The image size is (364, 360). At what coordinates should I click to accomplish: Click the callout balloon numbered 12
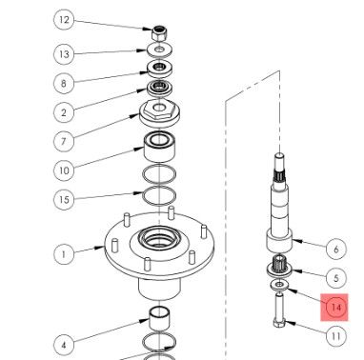[64, 20]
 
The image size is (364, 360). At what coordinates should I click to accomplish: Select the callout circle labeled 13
[64, 54]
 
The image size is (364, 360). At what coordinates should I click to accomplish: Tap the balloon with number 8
[64, 83]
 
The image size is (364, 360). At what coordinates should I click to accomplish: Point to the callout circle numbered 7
[64, 141]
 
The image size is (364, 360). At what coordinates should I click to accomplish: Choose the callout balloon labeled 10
[64, 170]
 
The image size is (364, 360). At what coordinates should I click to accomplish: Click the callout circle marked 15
[64, 200]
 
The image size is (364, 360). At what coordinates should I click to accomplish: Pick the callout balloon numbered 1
[64, 254]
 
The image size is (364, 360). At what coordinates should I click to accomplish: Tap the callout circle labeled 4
[64, 345]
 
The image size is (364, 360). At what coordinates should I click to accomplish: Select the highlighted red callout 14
[334, 308]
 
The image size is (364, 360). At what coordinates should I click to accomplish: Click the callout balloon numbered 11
[336, 336]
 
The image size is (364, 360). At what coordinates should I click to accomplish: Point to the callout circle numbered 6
[336, 250]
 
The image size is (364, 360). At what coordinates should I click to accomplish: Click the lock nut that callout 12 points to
[159, 33]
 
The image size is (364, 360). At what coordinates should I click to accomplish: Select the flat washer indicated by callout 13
[160, 50]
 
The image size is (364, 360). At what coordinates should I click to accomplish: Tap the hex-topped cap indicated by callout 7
[160, 113]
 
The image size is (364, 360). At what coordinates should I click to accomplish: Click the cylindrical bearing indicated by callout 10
[159, 146]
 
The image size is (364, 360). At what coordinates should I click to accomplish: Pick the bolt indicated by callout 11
[279, 311]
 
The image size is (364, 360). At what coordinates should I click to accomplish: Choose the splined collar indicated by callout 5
[279, 266]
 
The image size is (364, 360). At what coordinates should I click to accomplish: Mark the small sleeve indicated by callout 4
[159, 319]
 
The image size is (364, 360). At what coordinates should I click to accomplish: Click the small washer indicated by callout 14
[279, 285]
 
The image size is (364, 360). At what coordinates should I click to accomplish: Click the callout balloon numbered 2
[64, 112]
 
